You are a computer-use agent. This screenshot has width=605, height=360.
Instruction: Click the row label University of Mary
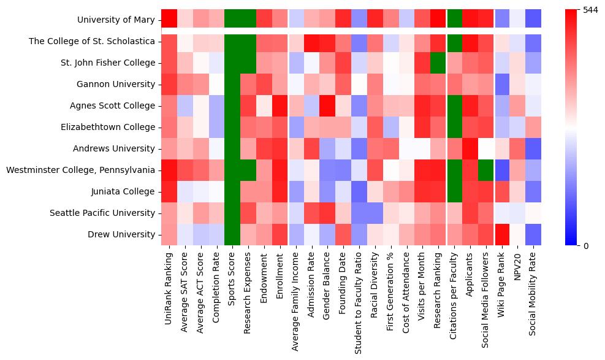coord(116,20)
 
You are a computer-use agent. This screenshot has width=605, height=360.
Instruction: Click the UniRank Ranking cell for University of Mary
coord(169,19)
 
